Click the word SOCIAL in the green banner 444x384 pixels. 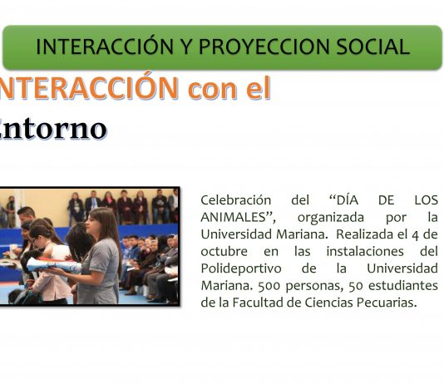[373, 47]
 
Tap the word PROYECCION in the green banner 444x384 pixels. [264, 47]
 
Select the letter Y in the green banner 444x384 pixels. [186, 47]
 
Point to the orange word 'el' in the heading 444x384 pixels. [259, 87]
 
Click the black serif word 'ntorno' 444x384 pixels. [53, 129]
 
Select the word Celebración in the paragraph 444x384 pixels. [236, 200]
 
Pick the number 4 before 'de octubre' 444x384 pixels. [416, 235]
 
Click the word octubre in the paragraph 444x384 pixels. [224, 251]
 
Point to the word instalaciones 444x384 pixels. [365, 251]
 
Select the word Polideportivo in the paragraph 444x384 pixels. [241, 269]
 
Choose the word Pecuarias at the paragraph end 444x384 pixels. [387, 303]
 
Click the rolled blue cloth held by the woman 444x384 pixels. [54, 265]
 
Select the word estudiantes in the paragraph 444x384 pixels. [403, 286]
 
